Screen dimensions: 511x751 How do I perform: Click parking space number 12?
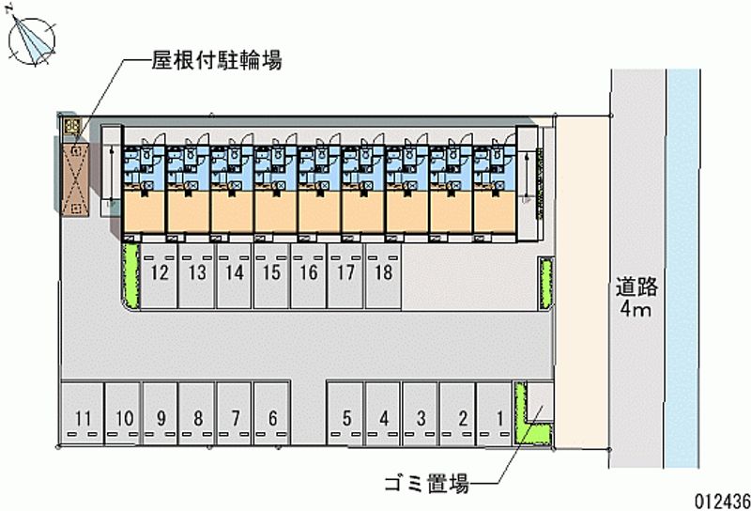(x=160, y=274)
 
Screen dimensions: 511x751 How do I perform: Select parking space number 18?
(x=382, y=274)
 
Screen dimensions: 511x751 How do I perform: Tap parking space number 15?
(x=271, y=274)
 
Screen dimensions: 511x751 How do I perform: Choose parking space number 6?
(x=347, y=418)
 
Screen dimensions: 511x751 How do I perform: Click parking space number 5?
(x=272, y=418)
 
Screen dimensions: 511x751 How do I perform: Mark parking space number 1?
(x=499, y=418)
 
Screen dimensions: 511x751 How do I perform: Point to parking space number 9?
(x=161, y=418)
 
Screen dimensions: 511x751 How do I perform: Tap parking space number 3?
(x=422, y=418)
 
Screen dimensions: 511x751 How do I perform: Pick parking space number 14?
(x=235, y=274)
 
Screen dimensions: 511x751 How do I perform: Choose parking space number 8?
(x=198, y=418)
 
